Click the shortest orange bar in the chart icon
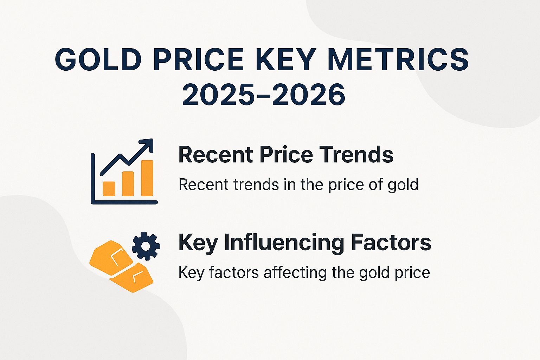[109, 189]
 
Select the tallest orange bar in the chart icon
[147, 178]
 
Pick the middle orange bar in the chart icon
[128, 184]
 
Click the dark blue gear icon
[146, 246]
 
